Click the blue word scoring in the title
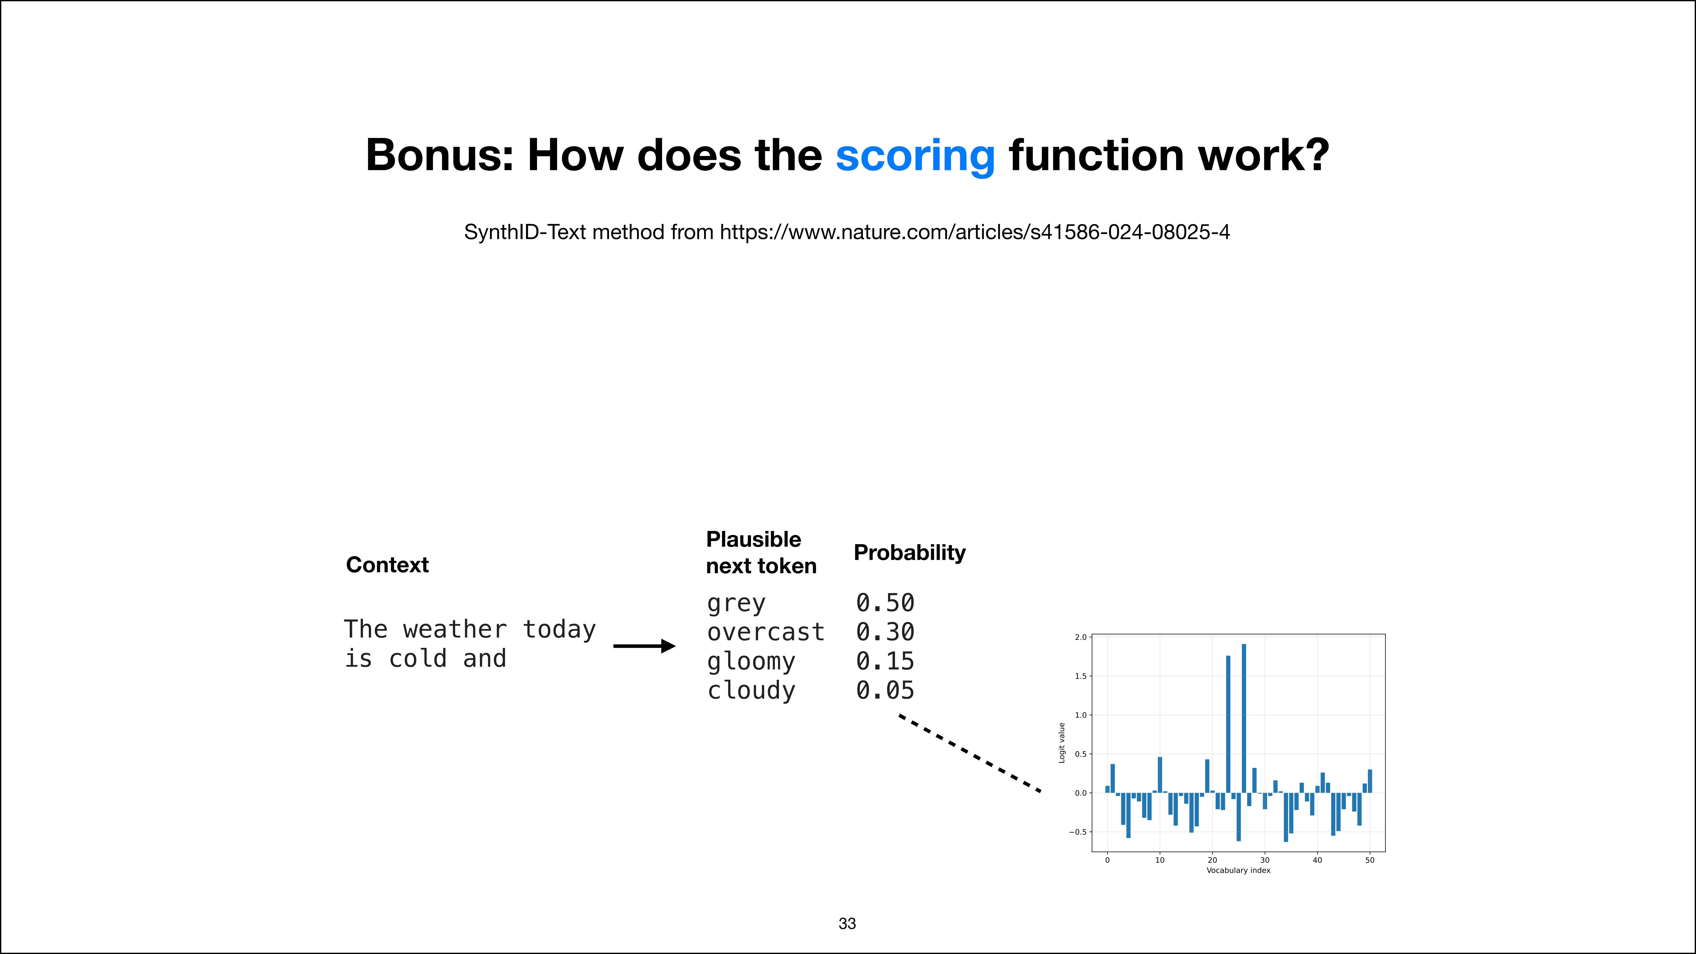click(915, 156)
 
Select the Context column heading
click(387, 565)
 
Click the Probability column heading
click(909, 553)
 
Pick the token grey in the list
click(736, 603)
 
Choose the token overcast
click(766, 632)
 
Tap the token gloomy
click(751, 662)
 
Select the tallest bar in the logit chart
click(1244, 718)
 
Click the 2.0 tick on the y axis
click(1080, 637)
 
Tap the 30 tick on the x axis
click(1265, 860)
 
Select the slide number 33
click(847, 924)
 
